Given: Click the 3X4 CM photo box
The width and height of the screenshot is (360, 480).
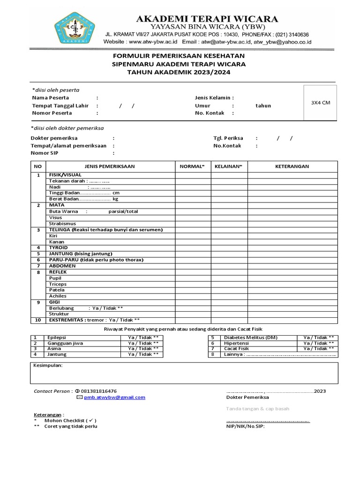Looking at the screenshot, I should [321, 103].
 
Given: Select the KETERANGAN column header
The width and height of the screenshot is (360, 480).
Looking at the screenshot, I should [292, 166].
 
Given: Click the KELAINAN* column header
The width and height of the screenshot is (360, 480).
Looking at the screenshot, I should [228, 166].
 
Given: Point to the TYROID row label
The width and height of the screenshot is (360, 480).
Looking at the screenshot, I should [59, 247].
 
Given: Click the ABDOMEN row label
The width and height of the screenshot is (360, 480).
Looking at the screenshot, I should [62, 266].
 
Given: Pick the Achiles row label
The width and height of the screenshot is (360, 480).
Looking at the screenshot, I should [58, 296].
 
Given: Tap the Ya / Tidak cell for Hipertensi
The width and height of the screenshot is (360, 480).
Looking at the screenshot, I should [318, 343].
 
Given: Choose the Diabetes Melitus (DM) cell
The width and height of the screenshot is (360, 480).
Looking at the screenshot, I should [250, 337].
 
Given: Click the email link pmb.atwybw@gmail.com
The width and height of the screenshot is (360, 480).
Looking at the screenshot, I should [114, 397].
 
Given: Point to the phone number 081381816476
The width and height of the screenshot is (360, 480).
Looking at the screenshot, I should [99, 391].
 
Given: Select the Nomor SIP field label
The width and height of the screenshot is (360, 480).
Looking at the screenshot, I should [45, 153].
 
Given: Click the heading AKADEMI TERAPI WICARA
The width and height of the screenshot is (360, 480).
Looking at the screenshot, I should [207, 19].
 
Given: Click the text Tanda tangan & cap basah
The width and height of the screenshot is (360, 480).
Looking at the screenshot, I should [257, 409].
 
